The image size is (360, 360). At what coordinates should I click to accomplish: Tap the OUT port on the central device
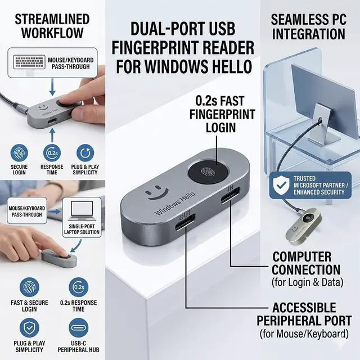pyautogui.click(x=185, y=229)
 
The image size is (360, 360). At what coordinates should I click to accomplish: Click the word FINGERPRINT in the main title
pyautogui.click(x=186, y=48)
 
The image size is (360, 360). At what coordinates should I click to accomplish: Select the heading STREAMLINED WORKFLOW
pyautogui.click(x=52, y=25)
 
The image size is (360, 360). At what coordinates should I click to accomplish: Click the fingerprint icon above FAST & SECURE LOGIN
pyautogui.click(x=29, y=287)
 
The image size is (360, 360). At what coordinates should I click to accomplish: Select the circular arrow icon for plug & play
pyautogui.click(x=85, y=153)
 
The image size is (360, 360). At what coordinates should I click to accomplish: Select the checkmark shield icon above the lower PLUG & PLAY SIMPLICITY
pyautogui.click(x=29, y=327)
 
